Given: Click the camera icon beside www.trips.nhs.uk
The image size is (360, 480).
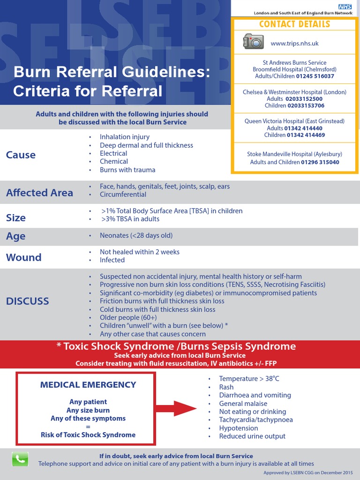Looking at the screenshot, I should coord(254,41).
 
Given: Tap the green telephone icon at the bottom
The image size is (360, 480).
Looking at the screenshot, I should coord(20,459).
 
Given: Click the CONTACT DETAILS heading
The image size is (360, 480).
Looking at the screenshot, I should coord(294,24).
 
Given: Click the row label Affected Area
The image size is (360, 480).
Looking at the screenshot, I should coord(39,193).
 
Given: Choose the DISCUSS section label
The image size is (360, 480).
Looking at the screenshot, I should coord(27,301).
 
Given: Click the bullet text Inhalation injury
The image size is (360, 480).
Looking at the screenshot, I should coord(125,137).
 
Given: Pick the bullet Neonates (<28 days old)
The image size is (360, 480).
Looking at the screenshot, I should coord(136,235).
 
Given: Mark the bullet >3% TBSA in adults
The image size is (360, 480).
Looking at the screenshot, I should coord(130,219).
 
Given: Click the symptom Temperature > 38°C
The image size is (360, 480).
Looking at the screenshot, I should coord(249,379).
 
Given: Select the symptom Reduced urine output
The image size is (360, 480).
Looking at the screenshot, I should coord(252,436).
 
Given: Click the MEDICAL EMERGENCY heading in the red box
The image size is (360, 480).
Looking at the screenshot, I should coord(88,385).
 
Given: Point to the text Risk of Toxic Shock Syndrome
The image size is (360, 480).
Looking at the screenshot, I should coord(88,435).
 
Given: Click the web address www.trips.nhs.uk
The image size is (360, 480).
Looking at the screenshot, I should coord(294,43).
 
